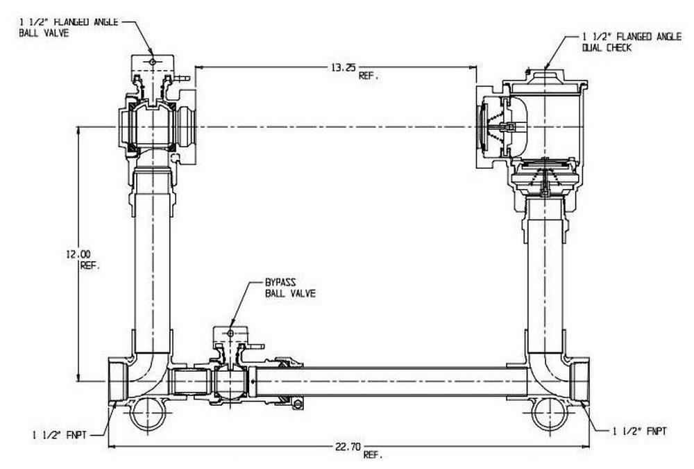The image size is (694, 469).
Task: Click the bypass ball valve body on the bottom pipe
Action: [x=228, y=381]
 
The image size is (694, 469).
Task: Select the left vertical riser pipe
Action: [x=152, y=264]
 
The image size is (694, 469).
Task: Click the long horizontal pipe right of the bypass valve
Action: [x=389, y=381]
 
